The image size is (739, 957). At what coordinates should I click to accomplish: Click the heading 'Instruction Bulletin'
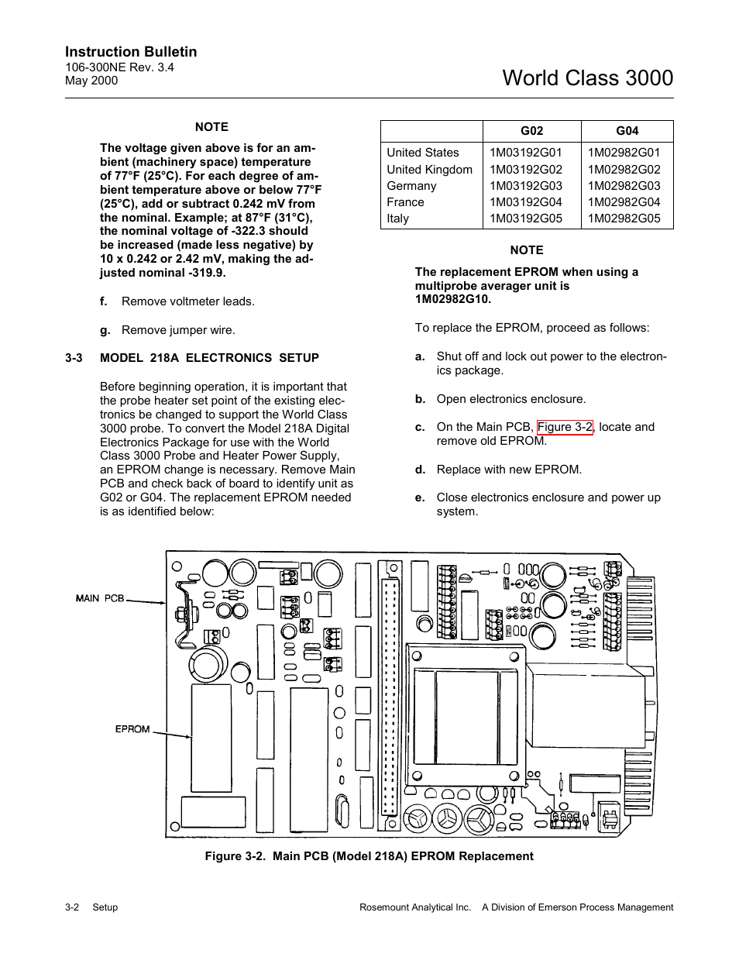(x=131, y=52)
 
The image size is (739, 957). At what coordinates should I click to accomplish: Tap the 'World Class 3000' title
(x=587, y=78)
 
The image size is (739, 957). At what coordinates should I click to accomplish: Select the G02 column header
(x=531, y=131)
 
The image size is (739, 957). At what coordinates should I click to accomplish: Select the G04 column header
(x=627, y=131)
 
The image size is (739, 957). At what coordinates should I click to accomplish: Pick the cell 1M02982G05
(x=624, y=219)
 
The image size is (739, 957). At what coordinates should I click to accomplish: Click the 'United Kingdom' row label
(x=429, y=170)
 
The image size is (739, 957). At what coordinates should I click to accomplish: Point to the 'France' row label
(x=405, y=202)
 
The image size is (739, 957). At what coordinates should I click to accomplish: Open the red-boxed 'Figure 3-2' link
(x=565, y=427)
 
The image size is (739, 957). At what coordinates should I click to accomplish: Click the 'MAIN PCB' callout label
(x=100, y=598)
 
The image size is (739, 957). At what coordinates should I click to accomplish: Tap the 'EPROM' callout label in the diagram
(x=132, y=729)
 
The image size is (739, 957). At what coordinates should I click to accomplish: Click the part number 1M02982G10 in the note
(x=452, y=300)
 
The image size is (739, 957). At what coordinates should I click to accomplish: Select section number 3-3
(x=74, y=358)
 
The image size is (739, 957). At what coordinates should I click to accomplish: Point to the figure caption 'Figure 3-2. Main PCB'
(x=369, y=856)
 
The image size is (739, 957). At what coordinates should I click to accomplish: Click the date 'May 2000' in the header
(x=91, y=80)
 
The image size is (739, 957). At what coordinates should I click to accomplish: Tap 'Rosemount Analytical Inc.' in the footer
(x=415, y=907)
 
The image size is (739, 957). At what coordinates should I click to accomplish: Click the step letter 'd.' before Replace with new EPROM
(x=420, y=470)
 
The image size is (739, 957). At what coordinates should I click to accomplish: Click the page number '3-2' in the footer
(x=73, y=907)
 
